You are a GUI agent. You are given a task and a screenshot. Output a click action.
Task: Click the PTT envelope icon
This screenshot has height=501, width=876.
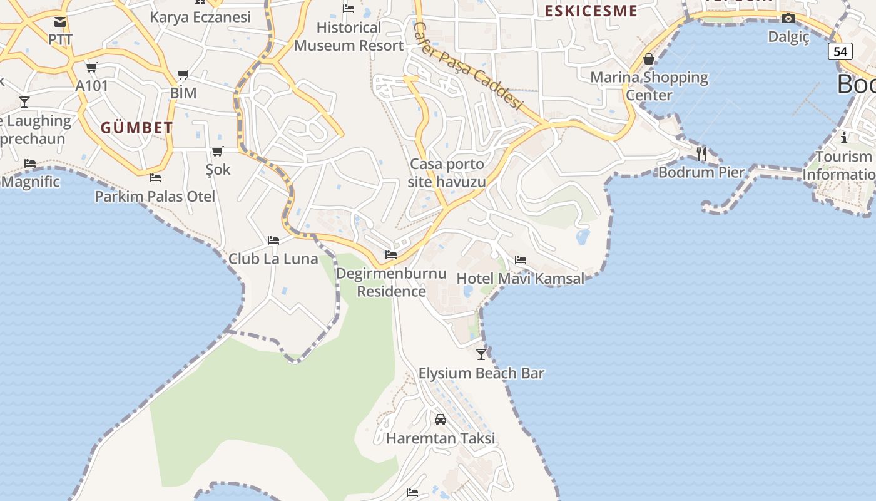point(60,22)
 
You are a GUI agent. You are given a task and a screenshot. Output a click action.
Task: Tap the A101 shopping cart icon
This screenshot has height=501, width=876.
point(92,68)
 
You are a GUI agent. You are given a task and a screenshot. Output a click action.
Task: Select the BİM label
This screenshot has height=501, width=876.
point(183,93)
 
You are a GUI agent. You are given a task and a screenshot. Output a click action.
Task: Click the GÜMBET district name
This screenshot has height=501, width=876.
point(137,128)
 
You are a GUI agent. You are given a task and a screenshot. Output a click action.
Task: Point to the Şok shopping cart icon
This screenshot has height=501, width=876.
point(218,151)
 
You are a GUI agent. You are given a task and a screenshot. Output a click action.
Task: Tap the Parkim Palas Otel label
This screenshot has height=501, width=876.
point(155,197)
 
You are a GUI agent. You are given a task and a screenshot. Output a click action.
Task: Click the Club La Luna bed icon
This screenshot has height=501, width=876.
point(273,240)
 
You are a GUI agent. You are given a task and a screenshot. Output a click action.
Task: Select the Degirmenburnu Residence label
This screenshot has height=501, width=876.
point(391,282)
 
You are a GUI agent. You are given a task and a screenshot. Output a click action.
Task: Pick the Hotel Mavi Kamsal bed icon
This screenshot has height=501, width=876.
point(521,260)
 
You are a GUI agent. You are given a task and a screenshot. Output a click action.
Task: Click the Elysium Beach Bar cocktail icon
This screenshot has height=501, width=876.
point(481,354)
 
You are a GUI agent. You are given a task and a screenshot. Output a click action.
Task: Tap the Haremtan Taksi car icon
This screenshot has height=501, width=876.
point(441,420)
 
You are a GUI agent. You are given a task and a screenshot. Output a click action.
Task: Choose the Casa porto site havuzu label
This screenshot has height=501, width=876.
point(447,173)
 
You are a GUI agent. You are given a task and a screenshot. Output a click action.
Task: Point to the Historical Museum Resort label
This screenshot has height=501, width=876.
point(349,36)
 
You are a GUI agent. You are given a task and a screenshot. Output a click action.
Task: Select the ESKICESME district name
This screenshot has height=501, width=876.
point(591,11)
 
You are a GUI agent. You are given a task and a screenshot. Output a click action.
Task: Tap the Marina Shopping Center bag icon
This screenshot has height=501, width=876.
point(649,59)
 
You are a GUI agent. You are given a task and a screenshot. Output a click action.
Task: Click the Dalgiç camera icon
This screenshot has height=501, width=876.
point(788,18)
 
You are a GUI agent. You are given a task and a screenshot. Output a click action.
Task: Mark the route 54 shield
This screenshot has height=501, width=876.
point(840,51)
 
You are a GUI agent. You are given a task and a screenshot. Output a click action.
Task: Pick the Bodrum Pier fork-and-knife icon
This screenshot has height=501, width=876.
point(701,153)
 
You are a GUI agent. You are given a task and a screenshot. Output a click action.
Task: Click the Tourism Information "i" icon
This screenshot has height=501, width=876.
point(844,138)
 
